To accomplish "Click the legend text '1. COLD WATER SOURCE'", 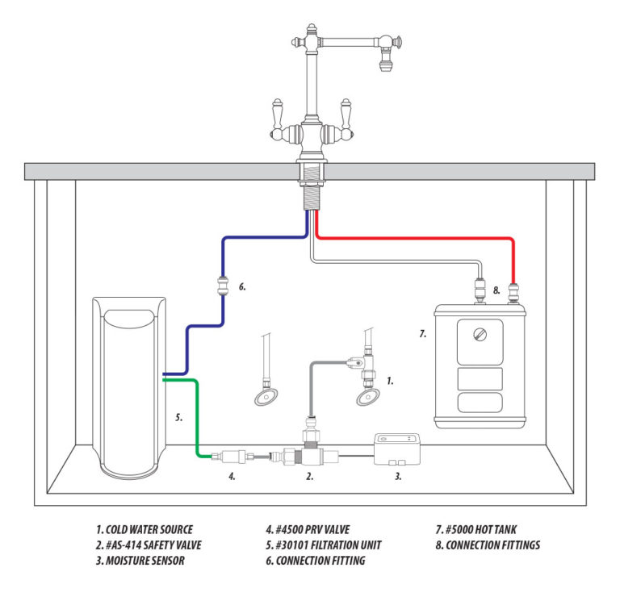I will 144,529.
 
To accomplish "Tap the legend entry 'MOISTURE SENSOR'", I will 140,560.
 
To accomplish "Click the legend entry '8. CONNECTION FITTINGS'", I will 487,545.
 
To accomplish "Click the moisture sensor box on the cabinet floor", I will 400,448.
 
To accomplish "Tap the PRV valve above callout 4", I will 228,457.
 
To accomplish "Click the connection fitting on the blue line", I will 223,286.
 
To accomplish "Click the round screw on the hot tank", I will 480,331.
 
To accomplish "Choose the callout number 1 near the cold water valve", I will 391,380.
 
